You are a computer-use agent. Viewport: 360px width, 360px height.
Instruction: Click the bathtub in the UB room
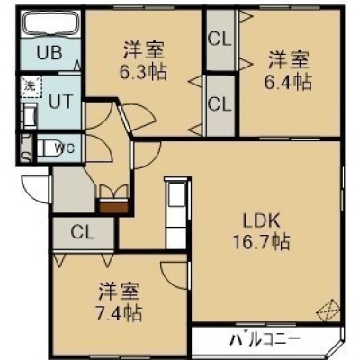coord(51,24)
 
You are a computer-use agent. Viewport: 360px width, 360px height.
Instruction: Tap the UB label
coord(49,53)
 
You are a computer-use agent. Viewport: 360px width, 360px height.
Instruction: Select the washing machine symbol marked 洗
coord(31,86)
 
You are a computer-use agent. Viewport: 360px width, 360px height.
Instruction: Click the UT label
coord(61,101)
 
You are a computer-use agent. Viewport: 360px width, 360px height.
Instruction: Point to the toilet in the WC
coord(47,148)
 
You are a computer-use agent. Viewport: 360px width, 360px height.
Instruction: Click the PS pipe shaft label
coord(27,148)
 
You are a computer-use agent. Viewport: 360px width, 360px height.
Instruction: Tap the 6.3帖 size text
coord(143,72)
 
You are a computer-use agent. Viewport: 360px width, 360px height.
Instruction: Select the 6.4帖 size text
coord(288,82)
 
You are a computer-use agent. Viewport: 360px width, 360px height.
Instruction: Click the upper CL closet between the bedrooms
coord(220,40)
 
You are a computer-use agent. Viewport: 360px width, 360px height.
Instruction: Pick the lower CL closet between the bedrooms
coord(220,105)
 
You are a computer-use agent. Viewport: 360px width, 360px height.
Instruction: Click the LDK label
coord(261,221)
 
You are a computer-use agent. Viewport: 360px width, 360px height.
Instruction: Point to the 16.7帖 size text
coord(262,242)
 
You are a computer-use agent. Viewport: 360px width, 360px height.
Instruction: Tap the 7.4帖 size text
coord(118,312)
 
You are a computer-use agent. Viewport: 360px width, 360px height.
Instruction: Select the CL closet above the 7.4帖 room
coord(84,233)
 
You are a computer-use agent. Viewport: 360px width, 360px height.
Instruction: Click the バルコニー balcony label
coord(265,339)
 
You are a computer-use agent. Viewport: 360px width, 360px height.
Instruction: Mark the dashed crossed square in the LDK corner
coord(328,311)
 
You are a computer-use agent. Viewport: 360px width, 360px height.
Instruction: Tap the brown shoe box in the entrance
coord(113,207)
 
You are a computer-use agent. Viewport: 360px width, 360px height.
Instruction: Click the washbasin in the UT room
coord(29,116)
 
